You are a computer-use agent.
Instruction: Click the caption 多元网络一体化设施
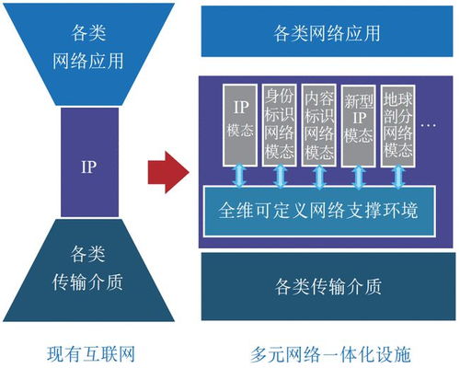coord(328,352)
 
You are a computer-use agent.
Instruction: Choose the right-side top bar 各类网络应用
coord(328,34)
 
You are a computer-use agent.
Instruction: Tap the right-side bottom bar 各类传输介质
coord(328,285)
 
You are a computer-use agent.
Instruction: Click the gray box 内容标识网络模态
coord(319,125)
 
